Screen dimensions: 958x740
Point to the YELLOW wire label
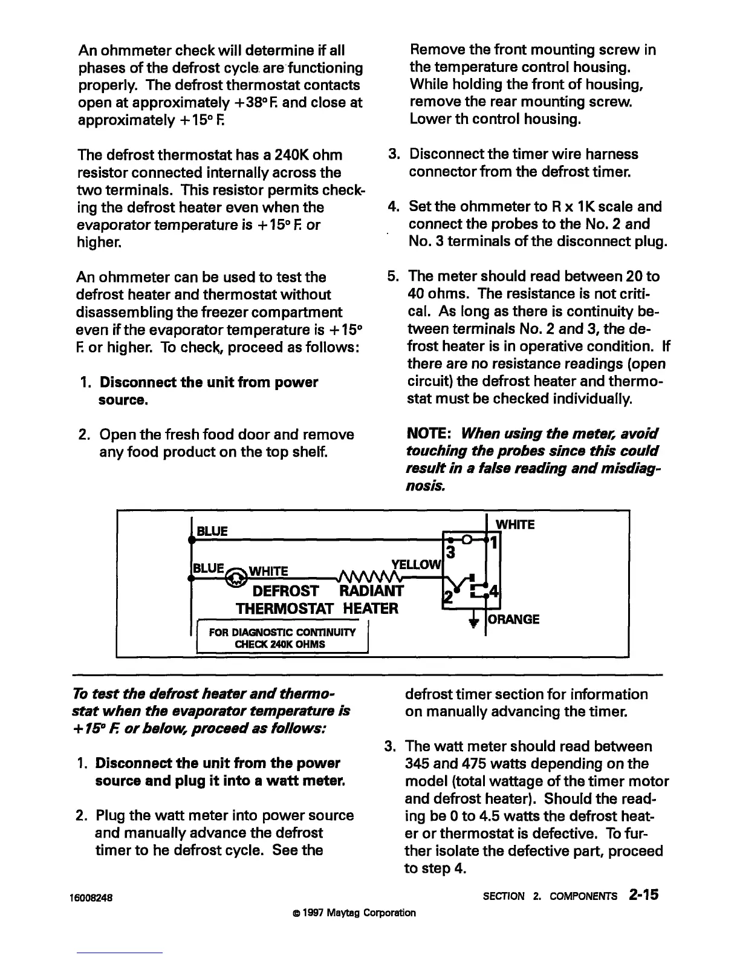418,564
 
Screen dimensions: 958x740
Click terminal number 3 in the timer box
450,552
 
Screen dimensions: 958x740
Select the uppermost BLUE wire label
212,531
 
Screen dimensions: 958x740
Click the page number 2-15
643,894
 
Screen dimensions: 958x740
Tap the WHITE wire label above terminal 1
515,524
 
